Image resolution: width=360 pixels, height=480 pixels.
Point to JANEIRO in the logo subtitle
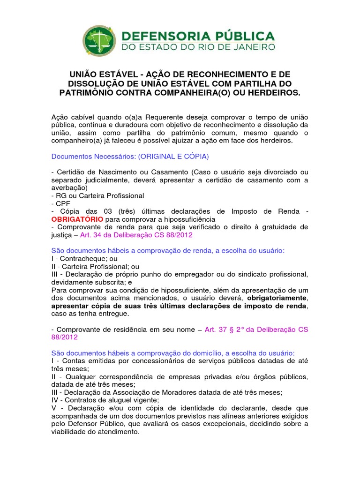pos(253,47)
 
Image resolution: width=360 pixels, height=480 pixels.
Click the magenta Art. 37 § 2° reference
pos(227,330)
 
